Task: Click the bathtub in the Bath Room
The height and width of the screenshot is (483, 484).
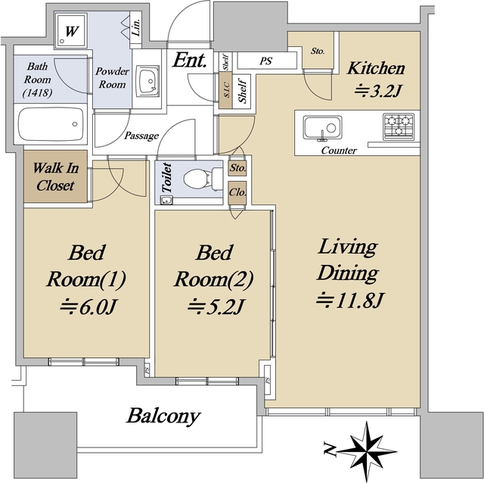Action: pos(51,124)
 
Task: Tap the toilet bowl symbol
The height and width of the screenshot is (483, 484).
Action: pos(202,179)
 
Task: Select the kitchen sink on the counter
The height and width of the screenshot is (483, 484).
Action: pos(322,127)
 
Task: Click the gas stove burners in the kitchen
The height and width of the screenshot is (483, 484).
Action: pos(399,126)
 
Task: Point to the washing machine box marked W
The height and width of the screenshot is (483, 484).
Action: pos(70,30)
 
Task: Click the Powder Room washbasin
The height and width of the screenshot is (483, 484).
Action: pos(148,81)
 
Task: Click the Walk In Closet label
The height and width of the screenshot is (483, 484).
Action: pos(55,176)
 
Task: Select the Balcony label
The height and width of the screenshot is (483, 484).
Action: pos(163,416)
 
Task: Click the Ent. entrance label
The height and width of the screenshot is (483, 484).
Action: pos(189,60)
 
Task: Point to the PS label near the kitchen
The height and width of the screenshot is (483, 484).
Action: pos(265,61)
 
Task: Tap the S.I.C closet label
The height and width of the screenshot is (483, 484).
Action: pos(226,90)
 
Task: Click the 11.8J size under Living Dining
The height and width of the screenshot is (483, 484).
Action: pos(349,301)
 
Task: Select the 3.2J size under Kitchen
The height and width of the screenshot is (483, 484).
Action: pos(378,91)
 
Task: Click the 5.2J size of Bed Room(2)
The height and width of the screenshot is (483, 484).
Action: pos(216,307)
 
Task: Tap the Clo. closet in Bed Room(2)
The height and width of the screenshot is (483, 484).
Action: pos(237,193)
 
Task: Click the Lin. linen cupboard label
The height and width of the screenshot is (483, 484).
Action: pos(136,26)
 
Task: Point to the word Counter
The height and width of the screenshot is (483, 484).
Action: pos(339,151)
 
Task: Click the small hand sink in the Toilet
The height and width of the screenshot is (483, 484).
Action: pos(166,201)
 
